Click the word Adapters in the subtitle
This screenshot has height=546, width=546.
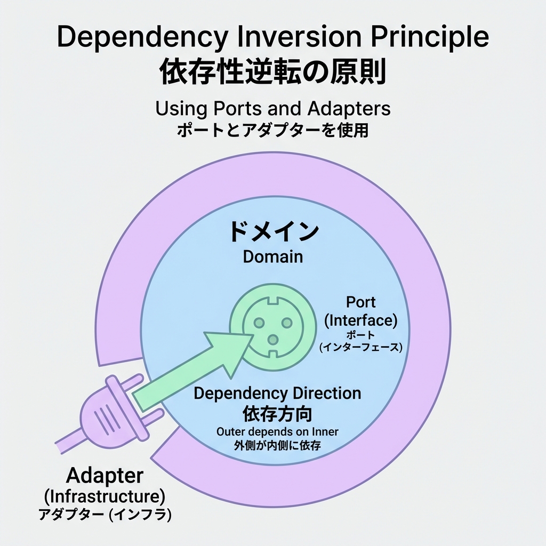pos(341,108)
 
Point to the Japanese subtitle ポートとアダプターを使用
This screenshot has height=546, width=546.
pos(272,130)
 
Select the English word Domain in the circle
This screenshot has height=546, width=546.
pos(273,256)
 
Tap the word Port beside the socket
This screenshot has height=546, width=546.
pos(361,302)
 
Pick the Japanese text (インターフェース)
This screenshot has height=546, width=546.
pos(361,348)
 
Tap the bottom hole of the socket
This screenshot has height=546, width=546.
pos(272,339)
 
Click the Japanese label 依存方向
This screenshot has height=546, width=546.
pos(277,413)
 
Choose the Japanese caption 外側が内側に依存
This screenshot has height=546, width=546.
pos(277,446)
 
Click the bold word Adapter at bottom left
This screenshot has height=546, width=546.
pos(105,476)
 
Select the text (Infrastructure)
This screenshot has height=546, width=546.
pos(105,496)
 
